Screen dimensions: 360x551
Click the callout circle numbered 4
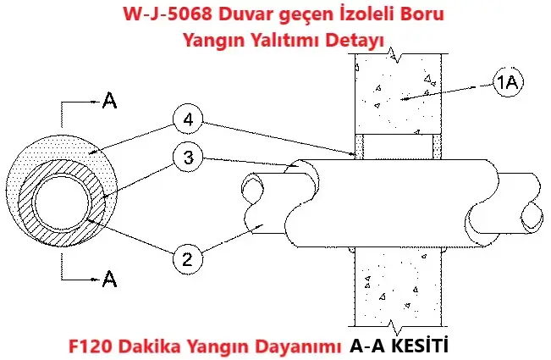point(187,121)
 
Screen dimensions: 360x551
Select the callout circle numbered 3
point(187,158)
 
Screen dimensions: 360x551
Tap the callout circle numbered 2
point(187,257)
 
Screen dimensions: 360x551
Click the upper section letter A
point(108,101)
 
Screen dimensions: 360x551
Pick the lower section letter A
point(108,276)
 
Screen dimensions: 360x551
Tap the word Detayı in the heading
point(355,39)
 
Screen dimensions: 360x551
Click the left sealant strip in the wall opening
point(359,147)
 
